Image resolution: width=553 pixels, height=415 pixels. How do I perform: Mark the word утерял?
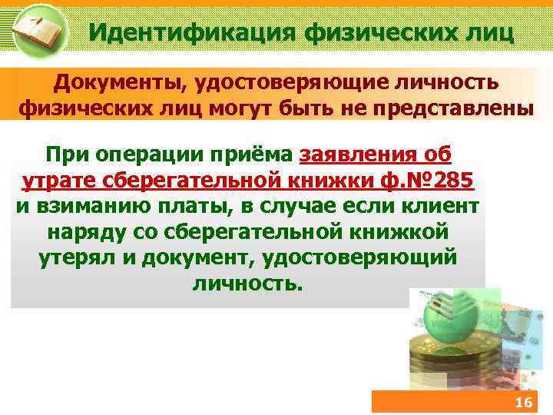click(78, 257)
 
